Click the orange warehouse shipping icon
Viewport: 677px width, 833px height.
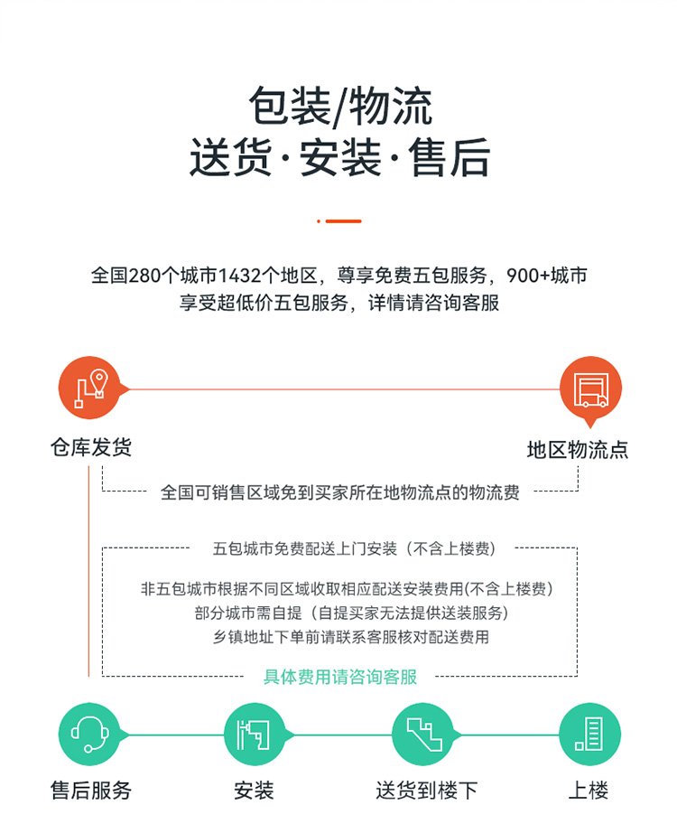coord(90,388)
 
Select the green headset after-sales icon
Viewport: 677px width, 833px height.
coord(90,735)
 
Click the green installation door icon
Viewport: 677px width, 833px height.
coord(255,735)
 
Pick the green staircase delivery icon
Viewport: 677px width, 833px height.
coord(423,735)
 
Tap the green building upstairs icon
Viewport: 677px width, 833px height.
coord(590,735)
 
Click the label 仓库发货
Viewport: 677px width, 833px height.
coord(91,447)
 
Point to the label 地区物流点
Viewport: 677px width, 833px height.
coord(578,449)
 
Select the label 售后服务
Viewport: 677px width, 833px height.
coord(91,791)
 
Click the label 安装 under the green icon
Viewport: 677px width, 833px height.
coord(255,791)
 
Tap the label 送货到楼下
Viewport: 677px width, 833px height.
coord(427,791)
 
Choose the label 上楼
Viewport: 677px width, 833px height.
coord(589,791)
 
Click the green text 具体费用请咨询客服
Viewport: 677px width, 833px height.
coord(340,677)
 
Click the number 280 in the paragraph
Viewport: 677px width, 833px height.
coord(144,276)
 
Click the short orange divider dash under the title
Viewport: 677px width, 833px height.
coord(339,221)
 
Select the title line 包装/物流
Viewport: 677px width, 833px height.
coord(340,107)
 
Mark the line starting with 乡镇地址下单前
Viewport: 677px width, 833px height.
coord(351,636)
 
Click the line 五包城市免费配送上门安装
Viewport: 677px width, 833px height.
coord(305,548)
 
